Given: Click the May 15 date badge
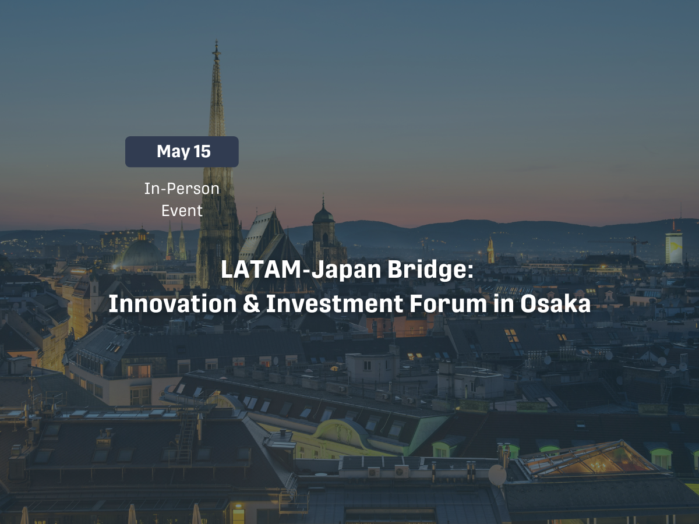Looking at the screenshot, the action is [x=182, y=152].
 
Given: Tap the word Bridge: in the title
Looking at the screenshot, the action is [x=430, y=270].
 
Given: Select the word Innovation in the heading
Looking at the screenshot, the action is [x=172, y=304].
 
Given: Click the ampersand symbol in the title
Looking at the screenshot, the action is [x=252, y=304].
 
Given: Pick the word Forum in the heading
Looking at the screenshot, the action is [x=448, y=304].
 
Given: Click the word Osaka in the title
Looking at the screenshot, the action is [x=556, y=304].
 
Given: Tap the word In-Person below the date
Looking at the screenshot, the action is [x=182, y=189].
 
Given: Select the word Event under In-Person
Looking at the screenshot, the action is [x=182, y=211].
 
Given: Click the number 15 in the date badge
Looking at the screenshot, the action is [x=202, y=151].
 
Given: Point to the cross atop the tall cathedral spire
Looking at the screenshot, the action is [x=217, y=49].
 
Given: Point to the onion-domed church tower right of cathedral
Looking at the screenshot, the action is [x=324, y=229].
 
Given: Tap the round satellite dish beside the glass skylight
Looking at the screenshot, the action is [x=497, y=475].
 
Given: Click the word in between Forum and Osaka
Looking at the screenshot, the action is [x=504, y=304].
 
